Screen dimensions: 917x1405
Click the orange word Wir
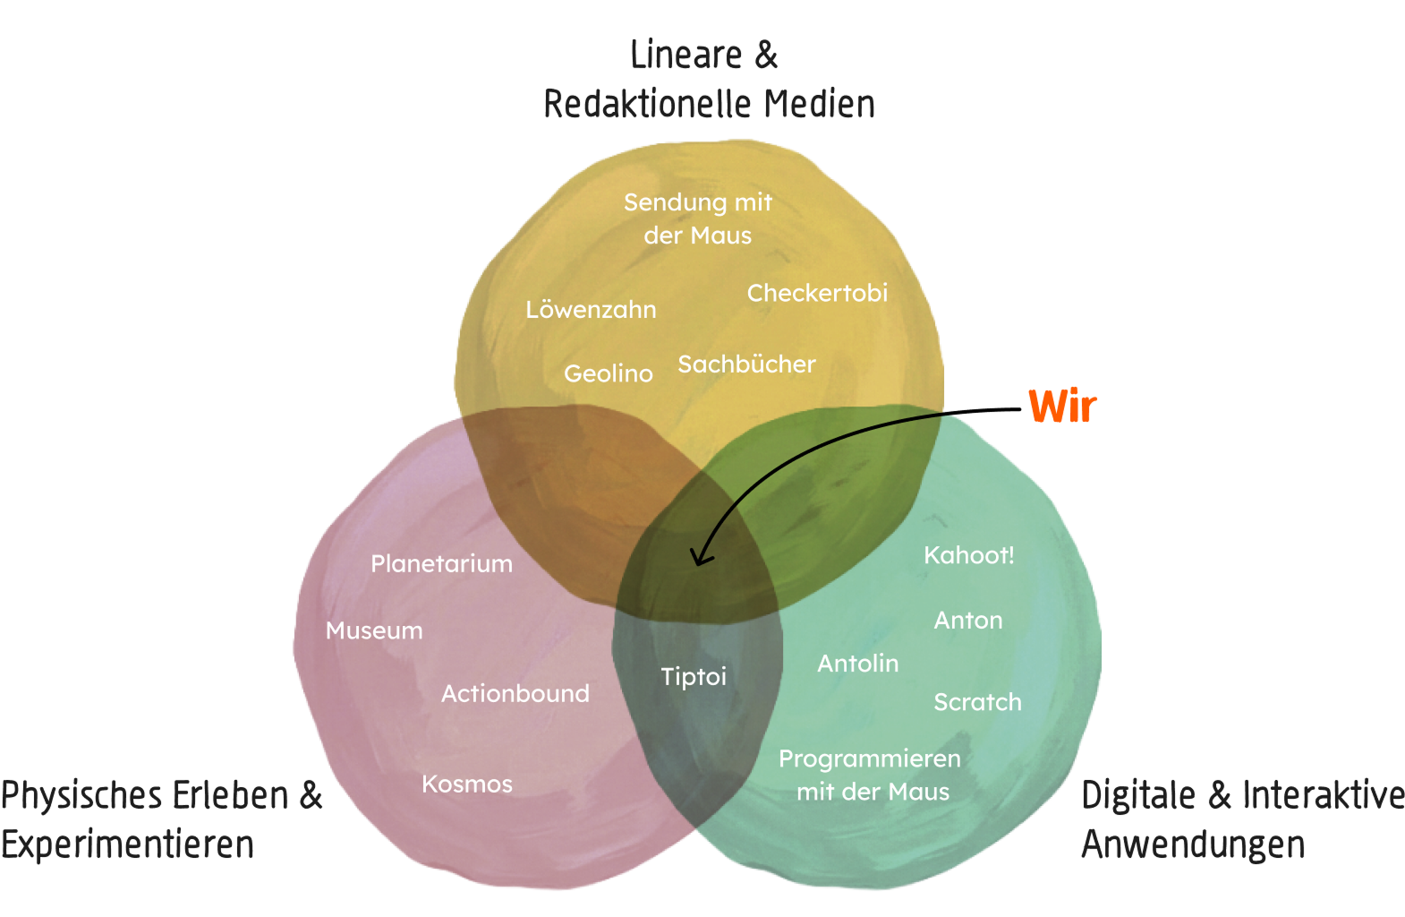coord(1062,407)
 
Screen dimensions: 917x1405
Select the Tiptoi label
coord(694,676)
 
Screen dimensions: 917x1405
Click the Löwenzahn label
coord(591,310)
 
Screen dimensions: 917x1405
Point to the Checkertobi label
coord(817,293)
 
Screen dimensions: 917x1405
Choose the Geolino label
coord(608,373)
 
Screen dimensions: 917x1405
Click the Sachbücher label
coord(746,364)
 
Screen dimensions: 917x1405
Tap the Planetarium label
coord(441,563)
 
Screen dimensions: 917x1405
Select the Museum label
coord(374,630)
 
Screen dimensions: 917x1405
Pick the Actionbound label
coord(515,693)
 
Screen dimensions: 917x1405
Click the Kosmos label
coord(467,784)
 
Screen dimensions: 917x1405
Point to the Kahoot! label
coord(968,555)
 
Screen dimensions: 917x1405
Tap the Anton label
coord(968,621)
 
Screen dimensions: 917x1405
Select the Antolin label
coord(857,664)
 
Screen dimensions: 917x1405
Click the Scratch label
coord(977,702)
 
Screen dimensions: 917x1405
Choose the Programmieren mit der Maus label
coord(870,775)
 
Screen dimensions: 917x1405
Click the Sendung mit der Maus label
coord(698,219)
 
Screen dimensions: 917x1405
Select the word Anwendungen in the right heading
coord(1193,844)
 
